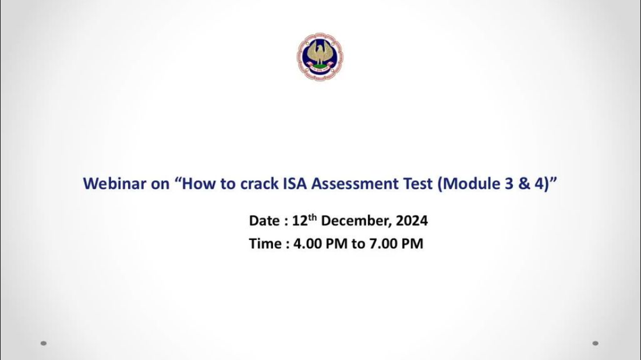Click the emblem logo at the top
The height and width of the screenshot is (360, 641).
[320, 57]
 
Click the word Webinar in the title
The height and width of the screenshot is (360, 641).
[115, 183]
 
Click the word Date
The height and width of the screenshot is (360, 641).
[264, 221]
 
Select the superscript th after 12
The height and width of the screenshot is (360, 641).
[313, 217]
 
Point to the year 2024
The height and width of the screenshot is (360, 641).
[412, 221]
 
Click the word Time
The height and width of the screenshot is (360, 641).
[265, 244]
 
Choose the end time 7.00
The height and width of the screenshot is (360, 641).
[384, 244]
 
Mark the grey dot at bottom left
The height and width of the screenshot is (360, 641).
[44, 343]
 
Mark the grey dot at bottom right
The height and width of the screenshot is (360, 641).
[595, 343]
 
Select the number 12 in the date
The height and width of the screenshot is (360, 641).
[300, 221]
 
